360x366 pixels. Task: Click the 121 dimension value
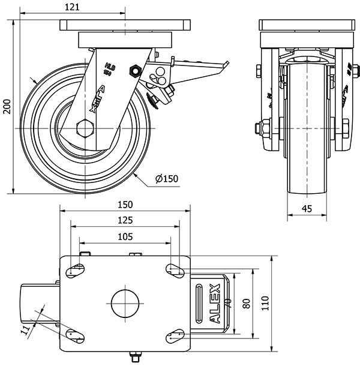point(72,7)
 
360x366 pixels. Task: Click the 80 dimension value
point(246,304)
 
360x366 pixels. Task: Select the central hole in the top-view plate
point(125,304)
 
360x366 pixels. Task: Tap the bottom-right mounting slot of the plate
point(175,338)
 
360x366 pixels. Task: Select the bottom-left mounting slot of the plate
point(75,337)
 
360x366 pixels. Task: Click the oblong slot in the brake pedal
point(199,304)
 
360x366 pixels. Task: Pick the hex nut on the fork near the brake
point(135,70)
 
